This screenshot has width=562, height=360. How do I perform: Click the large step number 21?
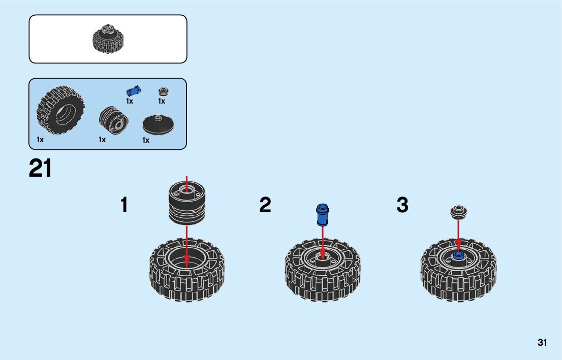tap(41, 169)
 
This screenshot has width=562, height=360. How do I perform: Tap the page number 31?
tap(542, 343)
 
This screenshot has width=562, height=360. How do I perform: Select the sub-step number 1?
tap(124, 206)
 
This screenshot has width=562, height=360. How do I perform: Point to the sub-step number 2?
tap(265, 206)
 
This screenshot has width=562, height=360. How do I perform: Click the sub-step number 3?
tap(402, 206)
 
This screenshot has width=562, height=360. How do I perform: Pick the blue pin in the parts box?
tap(134, 91)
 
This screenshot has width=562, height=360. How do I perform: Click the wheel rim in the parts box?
tap(113, 120)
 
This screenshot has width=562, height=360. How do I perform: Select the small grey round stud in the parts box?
tap(163, 91)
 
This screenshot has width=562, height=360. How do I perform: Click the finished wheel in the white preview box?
tap(108, 39)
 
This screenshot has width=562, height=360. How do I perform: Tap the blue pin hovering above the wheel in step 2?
tap(323, 214)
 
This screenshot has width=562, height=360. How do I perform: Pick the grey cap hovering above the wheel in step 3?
tap(458, 211)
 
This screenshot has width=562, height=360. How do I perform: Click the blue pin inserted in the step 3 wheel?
tap(458, 255)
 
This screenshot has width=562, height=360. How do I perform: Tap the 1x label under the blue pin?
tap(130, 101)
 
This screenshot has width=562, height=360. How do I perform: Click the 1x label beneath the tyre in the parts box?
tap(40, 139)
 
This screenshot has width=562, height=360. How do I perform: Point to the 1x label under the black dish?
tap(146, 140)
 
